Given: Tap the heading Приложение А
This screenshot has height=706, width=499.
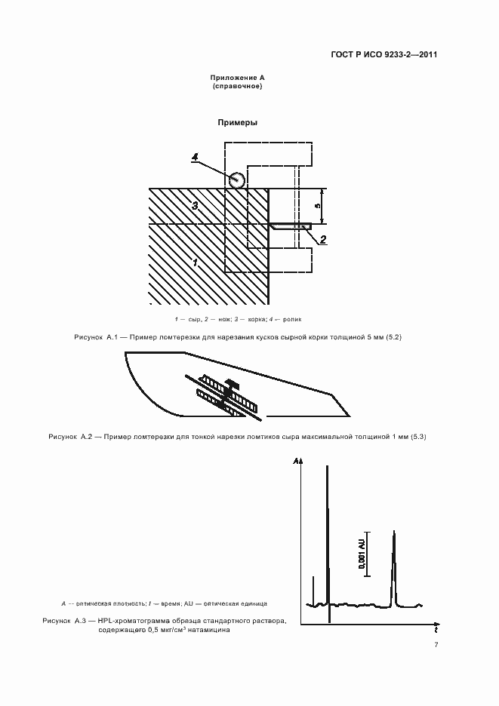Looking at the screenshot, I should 238,78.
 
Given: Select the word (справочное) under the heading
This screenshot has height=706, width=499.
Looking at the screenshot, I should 238,87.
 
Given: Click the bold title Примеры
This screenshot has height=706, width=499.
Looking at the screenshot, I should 238,122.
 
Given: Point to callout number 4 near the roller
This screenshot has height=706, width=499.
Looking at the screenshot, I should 195,157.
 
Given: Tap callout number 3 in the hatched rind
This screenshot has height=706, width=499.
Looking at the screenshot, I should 194,205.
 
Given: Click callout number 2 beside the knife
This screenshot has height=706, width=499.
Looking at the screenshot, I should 323,240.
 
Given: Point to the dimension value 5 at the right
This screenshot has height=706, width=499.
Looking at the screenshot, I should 317,206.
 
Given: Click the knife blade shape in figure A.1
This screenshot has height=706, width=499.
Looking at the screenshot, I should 291,226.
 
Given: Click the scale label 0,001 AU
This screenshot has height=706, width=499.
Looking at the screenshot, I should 362,554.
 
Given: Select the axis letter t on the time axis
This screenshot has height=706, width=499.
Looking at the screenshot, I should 436,628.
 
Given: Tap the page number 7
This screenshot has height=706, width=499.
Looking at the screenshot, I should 436,645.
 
